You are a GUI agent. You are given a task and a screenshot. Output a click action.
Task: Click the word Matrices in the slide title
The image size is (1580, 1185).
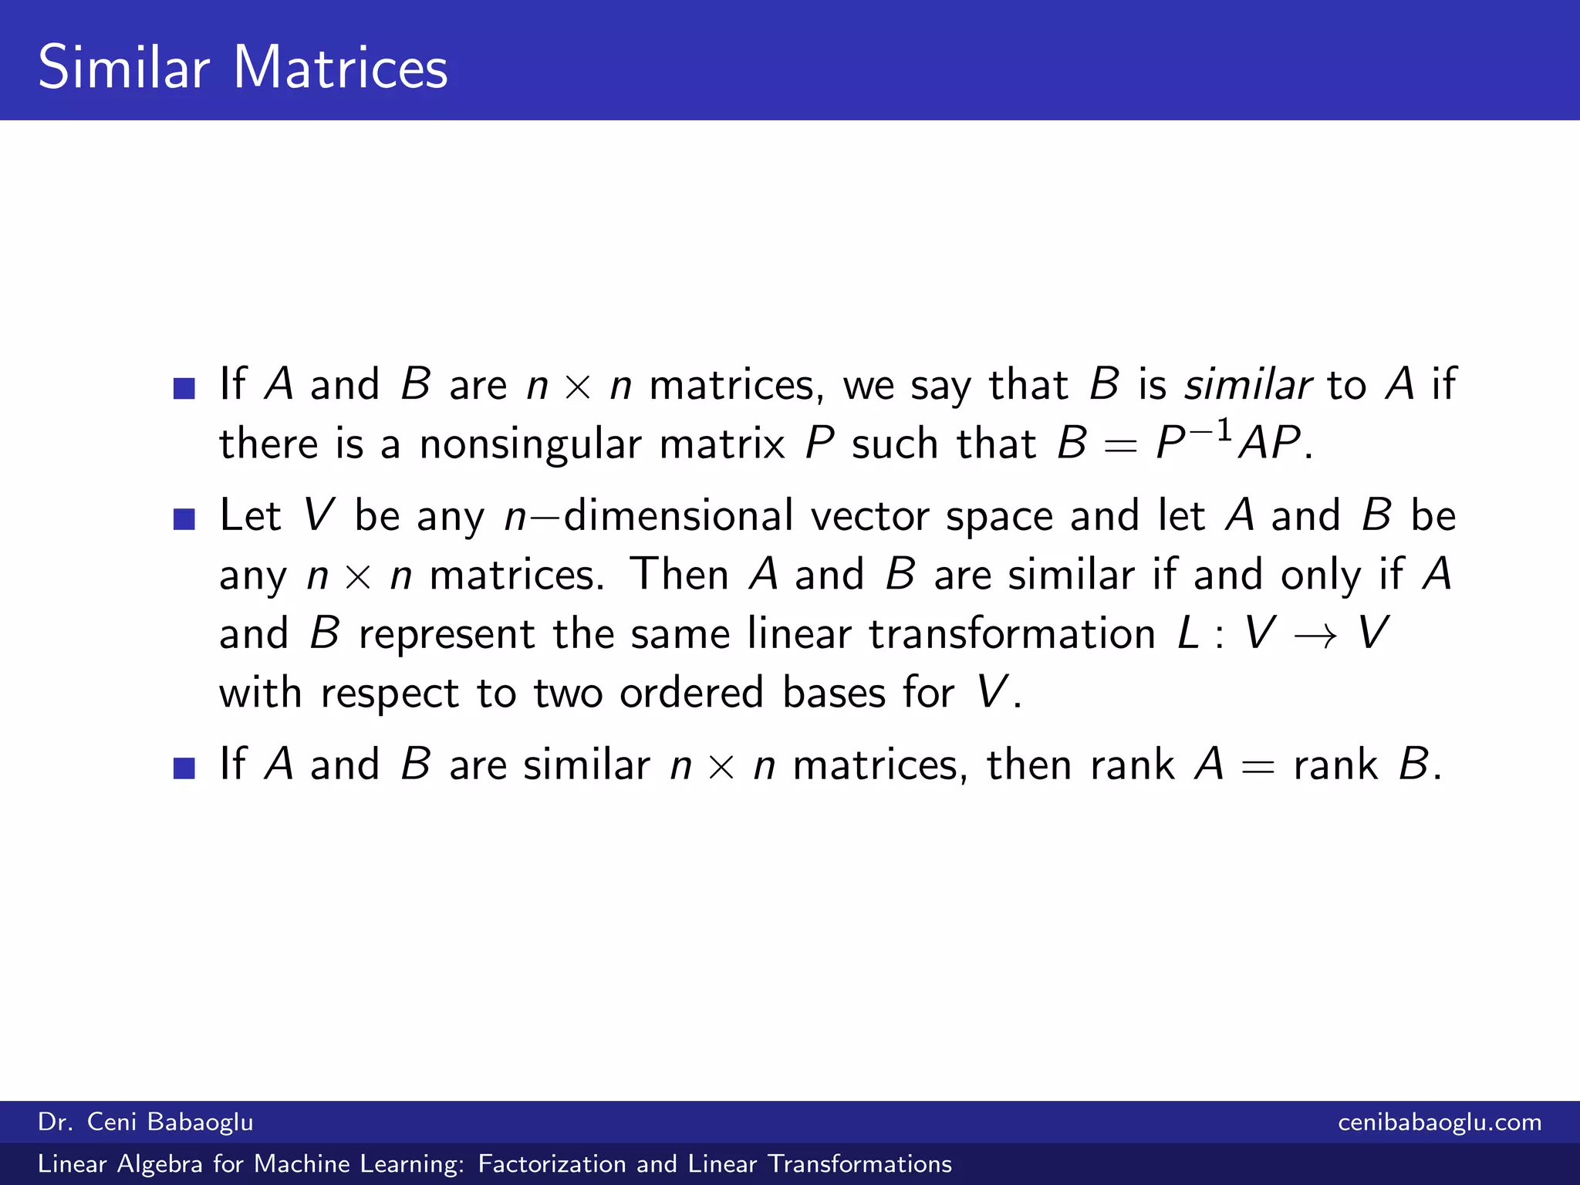tap(339, 68)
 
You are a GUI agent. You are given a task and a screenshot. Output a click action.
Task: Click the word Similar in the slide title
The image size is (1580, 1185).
tap(123, 68)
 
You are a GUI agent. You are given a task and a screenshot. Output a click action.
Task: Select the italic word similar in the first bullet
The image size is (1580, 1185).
tap(1247, 384)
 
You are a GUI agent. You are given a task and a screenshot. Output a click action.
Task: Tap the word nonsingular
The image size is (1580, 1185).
tap(530, 444)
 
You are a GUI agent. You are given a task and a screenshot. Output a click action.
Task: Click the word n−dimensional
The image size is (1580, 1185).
tap(648, 515)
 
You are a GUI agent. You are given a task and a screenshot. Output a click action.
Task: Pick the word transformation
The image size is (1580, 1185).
tap(1012, 634)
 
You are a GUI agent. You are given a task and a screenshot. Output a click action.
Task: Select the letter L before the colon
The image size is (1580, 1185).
tap(1188, 634)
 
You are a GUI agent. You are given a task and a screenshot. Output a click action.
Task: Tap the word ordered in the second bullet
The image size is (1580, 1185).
tap(691, 693)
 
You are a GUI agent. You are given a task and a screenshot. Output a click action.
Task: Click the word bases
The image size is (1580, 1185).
tap(834, 693)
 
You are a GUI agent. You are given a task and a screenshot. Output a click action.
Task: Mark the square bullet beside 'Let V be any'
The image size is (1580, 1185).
tap(184, 519)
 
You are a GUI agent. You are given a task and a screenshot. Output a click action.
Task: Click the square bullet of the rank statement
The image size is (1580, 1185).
tap(184, 768)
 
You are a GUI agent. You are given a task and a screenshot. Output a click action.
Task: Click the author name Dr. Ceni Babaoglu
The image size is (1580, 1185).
tap(146, 1122)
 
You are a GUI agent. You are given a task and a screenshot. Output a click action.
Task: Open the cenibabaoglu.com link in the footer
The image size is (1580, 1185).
tap(1440, 1122)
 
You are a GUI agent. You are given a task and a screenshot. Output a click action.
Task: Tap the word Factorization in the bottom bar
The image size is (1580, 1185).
tap(552, 1163)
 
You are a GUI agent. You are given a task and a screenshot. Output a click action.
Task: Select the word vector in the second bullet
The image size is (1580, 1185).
tap(869, 515)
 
